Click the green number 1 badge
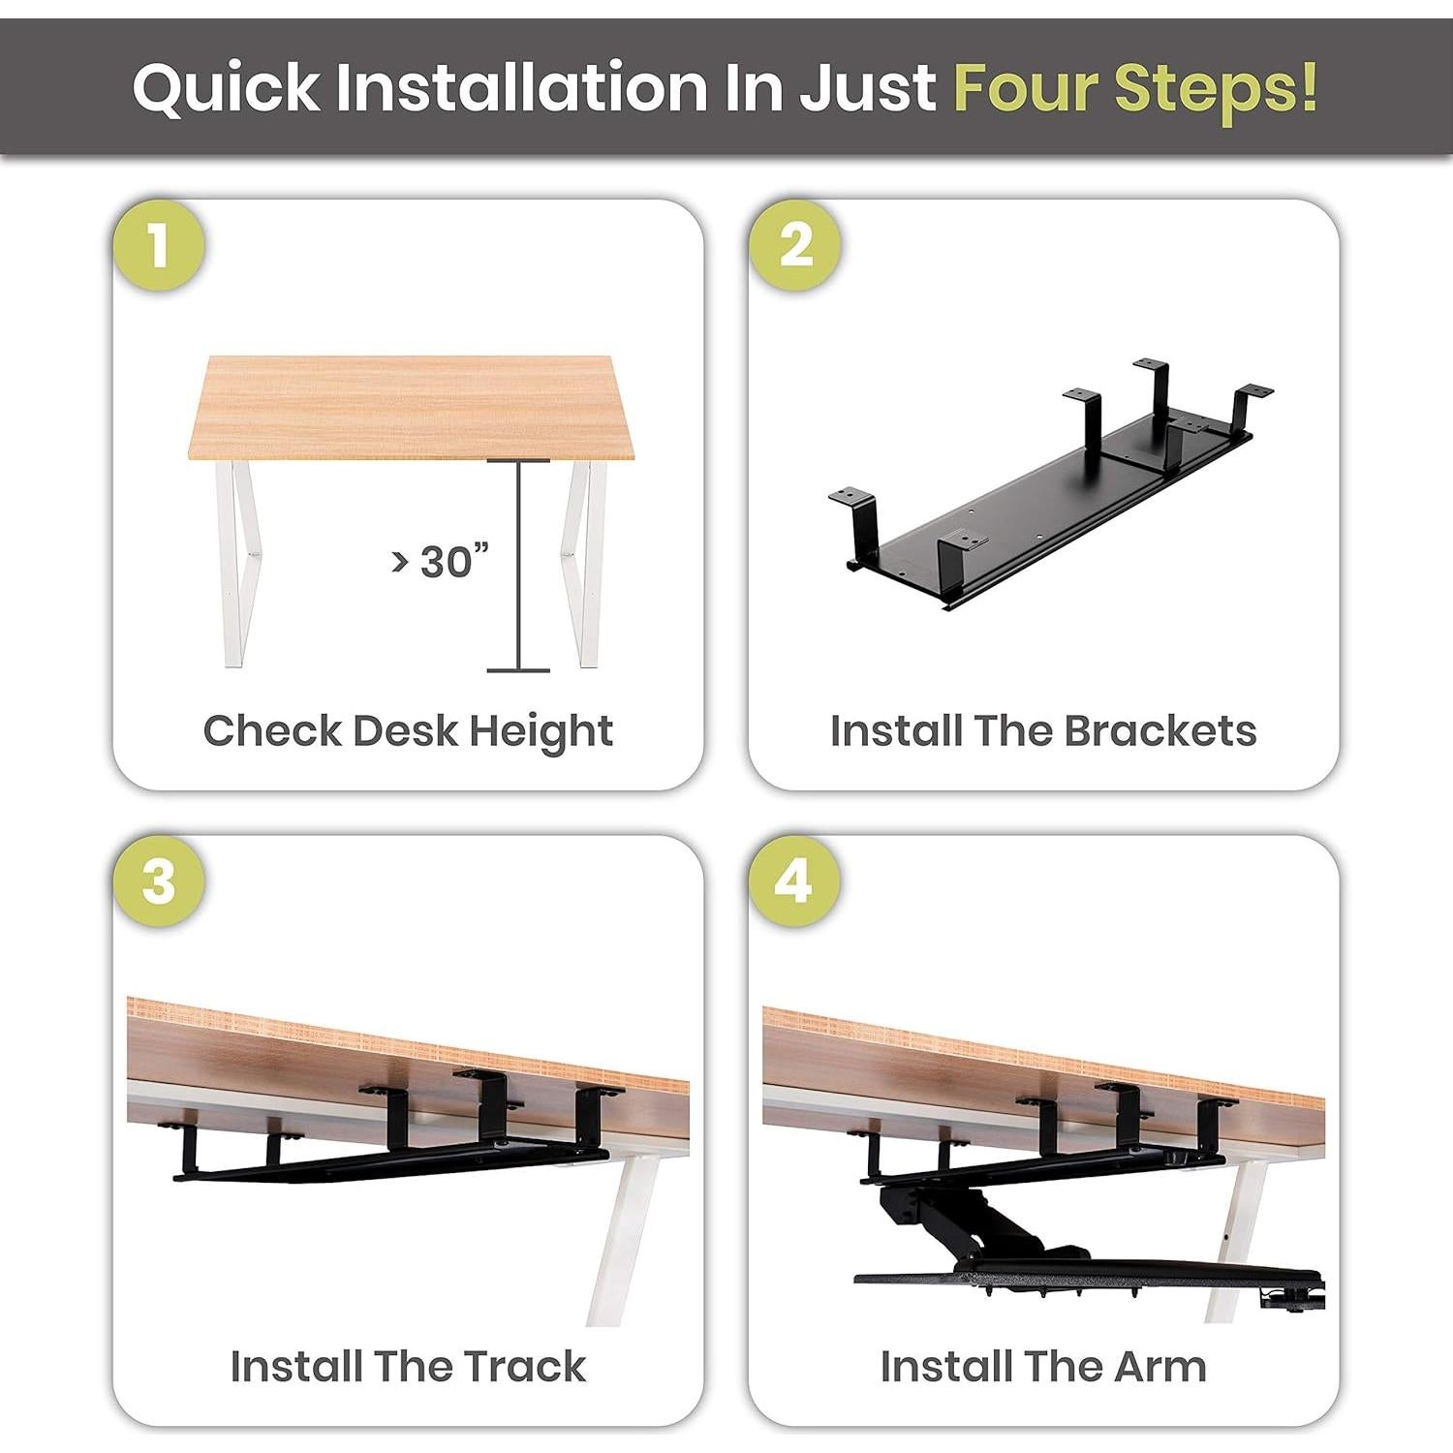tap(159, 245)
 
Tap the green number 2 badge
tap(795, 245)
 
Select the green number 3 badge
tap(159, 881)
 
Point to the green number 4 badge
tap(795, 881)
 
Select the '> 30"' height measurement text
tap(440, 561)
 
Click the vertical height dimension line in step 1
tap(519, 565)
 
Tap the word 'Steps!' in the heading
tap(1216, 89)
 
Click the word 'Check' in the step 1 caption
tap(272, 730)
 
